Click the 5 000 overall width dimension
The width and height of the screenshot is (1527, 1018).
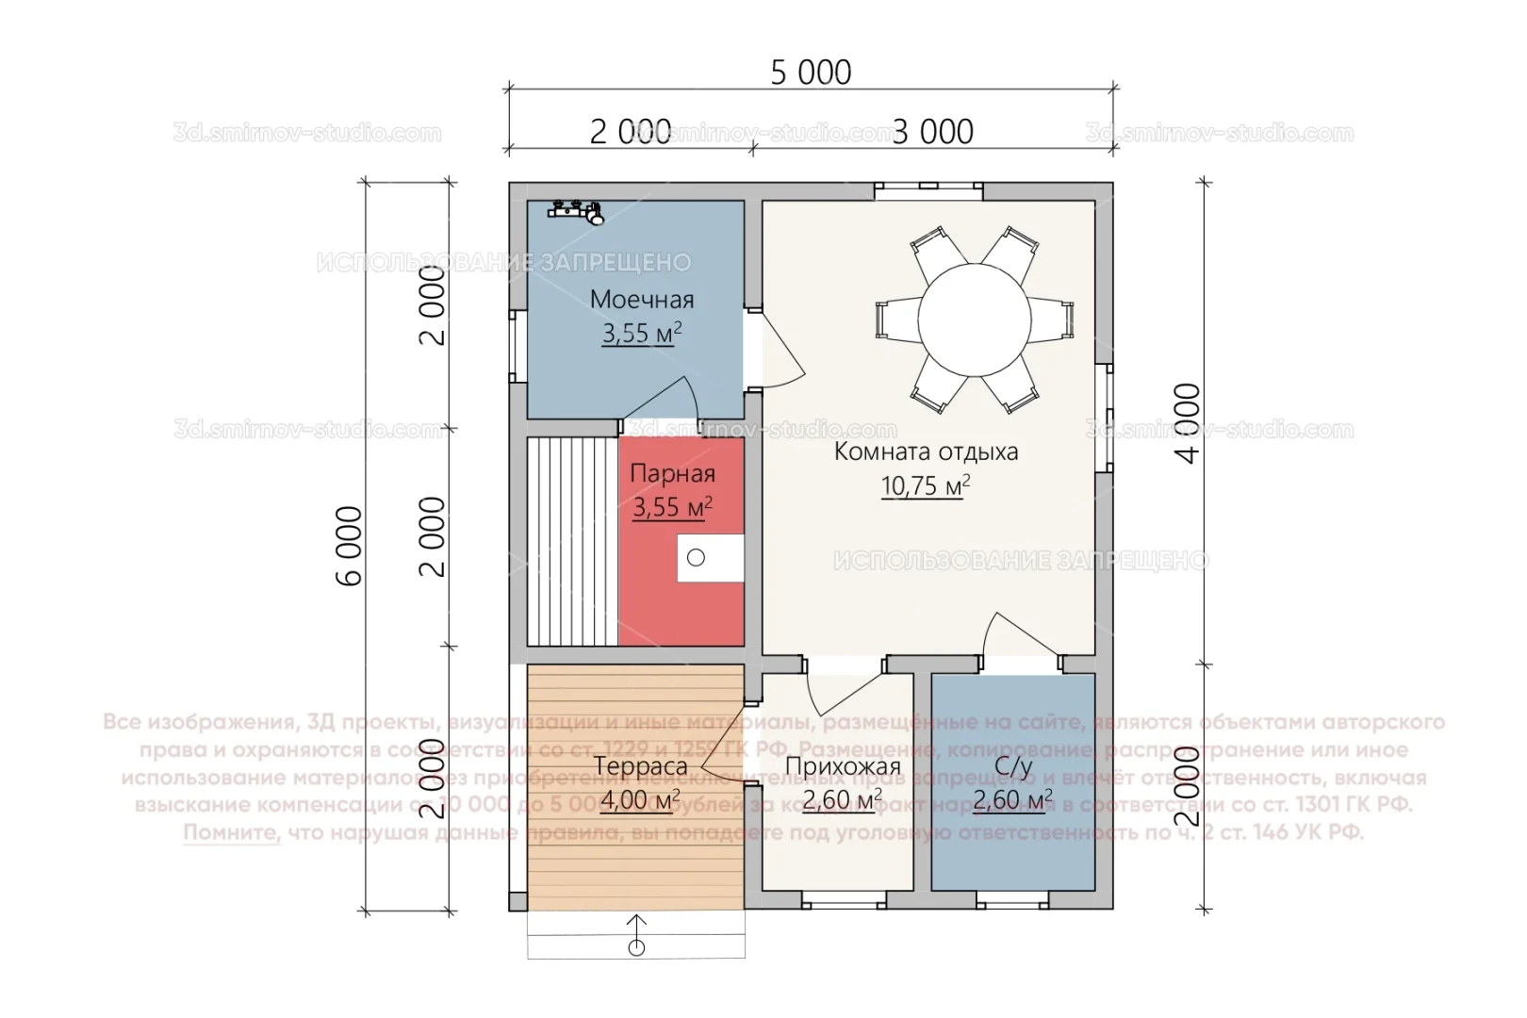(x=811, y=73)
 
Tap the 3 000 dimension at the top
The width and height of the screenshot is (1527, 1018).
(x=932, y=132)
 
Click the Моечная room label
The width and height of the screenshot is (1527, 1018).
(x=642, y=300)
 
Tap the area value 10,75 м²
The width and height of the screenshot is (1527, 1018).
(x=925, y=485)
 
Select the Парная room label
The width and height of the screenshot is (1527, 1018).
(x=672, y=473)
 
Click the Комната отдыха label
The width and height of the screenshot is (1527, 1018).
(x=926, y=452)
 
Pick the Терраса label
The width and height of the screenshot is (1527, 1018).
(x=640, y=766)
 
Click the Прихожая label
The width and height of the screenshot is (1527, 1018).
(x=843, y=767)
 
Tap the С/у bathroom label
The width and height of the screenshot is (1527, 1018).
(x=1013, y=766)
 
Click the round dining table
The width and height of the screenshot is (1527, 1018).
(x=975, y=320)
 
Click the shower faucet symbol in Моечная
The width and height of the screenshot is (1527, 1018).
(x=577, y=211)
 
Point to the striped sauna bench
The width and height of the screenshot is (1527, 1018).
(x=572, y=541)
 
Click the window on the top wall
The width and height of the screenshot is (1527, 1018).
(x=928, y=190)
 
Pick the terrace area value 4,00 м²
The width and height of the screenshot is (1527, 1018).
(x=640, y=801)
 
